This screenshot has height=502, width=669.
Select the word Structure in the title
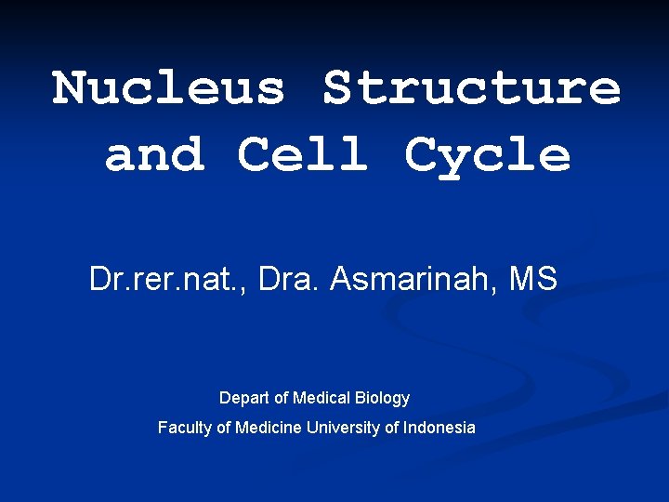pos(471,88)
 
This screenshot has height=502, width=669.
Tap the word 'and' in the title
pos(154,154)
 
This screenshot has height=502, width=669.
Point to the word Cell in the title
pos(303,154)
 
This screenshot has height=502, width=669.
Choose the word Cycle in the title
pos(488,156)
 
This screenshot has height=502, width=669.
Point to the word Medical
pos(321,398)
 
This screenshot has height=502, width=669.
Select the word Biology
pos(382,399)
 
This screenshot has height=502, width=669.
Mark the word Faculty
pos(183,428)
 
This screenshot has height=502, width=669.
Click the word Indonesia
pos(439,428)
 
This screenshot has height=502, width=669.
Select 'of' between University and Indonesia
pos(392,428)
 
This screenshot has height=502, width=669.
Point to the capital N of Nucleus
pos(70,88)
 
